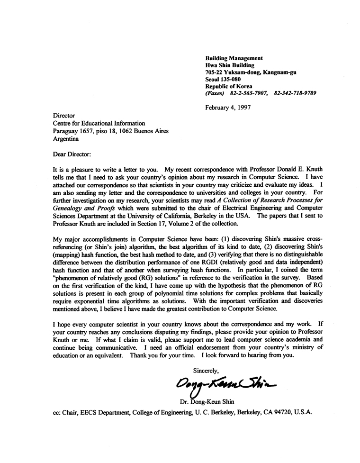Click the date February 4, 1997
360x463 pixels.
coord(228,107)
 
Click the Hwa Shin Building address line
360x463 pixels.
coord(230,65)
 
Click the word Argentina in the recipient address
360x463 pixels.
coord(67,139)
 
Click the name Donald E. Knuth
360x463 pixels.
coord(290,169)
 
